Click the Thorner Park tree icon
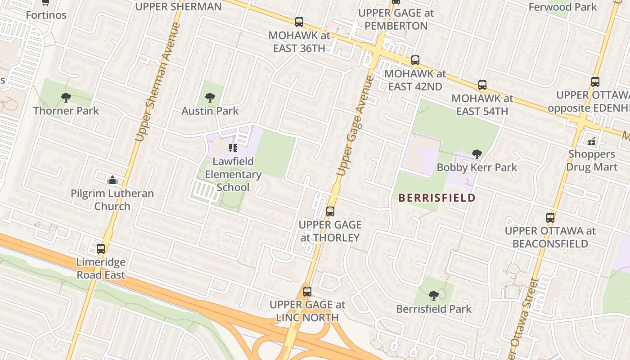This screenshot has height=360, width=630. coord(66,97)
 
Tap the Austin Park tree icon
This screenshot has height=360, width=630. coord(210,97)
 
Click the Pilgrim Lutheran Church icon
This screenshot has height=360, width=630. coord(112,180)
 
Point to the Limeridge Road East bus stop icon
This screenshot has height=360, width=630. coord(101,249)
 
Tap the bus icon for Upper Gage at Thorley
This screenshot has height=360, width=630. coord(330,211)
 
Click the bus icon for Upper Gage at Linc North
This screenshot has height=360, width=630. coord(307,292)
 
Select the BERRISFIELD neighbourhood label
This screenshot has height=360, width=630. coord(436,198)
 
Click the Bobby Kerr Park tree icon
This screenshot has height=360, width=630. coord(477,154)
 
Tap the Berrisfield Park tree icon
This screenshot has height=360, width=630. coord(434,296)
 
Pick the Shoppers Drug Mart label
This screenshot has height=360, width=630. coord(591,161)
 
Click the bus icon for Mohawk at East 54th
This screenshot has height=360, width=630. coord(482,85)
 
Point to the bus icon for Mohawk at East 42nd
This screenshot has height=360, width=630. coord(415,60)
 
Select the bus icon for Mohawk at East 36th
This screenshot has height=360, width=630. coord(299,22)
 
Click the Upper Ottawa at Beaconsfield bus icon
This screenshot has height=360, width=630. coord(550,218)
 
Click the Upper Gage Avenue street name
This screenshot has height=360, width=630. coord(355,126)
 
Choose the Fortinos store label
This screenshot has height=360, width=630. coord(46,15)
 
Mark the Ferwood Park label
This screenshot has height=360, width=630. coord(562,7)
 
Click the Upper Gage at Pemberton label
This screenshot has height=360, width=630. coord(396,19)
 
